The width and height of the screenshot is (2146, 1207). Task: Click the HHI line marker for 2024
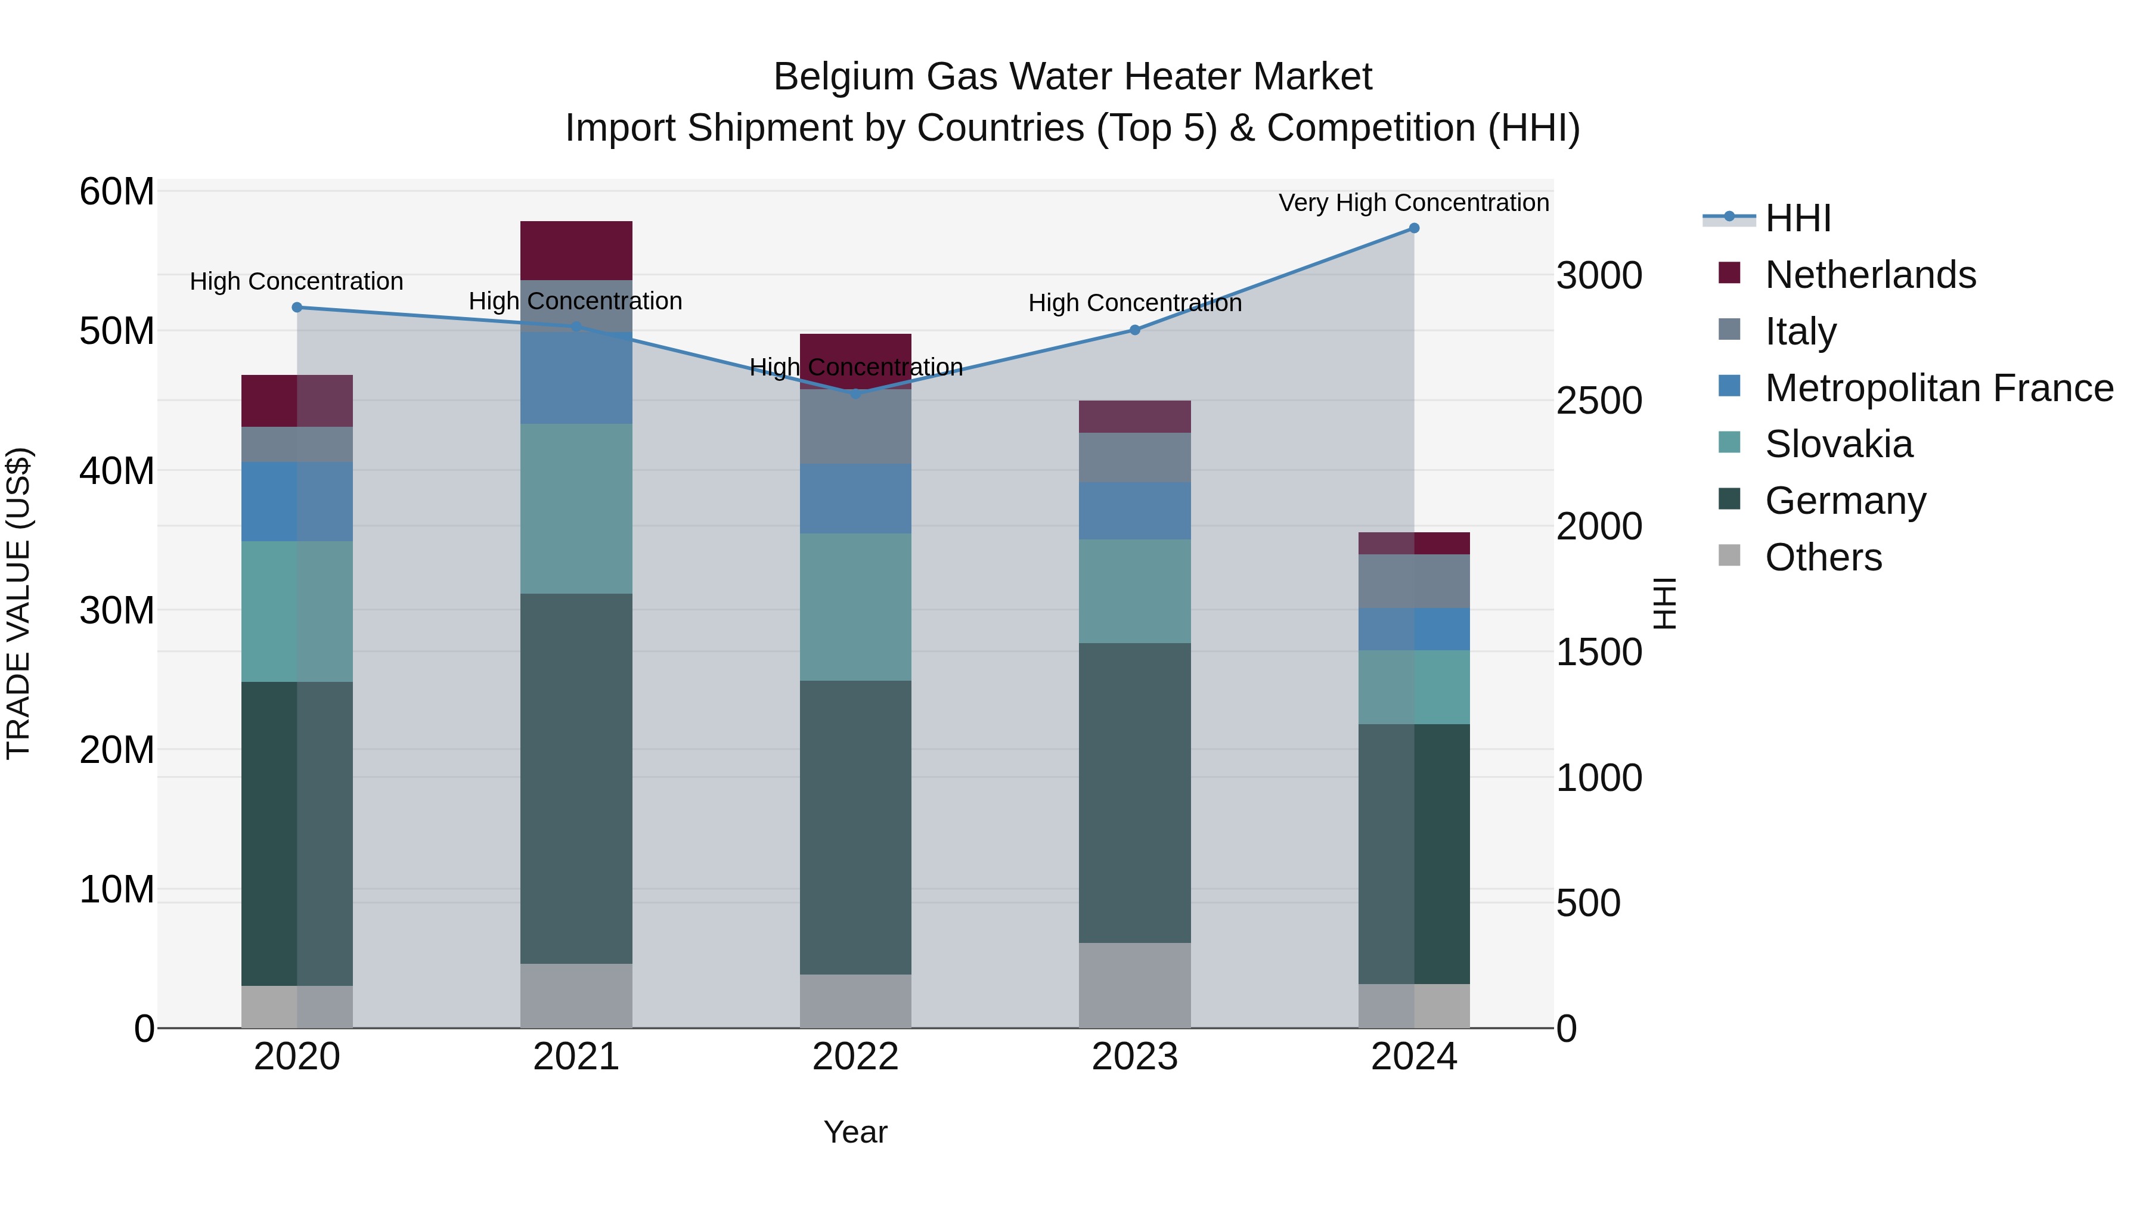coord(1414,228)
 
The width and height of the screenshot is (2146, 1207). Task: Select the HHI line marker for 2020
coord(297,308)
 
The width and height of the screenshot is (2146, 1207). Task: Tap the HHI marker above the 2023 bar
coord(1134,330)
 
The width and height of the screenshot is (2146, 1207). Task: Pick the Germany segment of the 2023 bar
coord(1134,792)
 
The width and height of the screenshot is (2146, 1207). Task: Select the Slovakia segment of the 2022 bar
coord(855,607)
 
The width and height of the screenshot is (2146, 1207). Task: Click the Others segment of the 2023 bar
coord(1134,985)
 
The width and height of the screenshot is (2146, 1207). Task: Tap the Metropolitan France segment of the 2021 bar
coord(576,377)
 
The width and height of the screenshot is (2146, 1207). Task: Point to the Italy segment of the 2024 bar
coord(1414,581)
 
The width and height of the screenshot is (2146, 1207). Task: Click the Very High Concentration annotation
coord(1414,203)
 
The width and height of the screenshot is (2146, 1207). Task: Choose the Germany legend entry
coord(1845,501)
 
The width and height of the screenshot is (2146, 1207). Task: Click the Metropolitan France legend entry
coord(1939,388)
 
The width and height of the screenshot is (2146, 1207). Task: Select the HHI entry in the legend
coord(1798,218)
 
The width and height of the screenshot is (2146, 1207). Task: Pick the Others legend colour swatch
coord(1729,556)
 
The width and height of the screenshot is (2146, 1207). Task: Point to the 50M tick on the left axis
coord(117,331)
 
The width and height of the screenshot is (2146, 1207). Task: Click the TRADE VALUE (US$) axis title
coord(18,603)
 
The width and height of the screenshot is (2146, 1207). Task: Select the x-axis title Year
coord(855,1132)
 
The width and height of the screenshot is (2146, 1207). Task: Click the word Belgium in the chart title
coord(843,77)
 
